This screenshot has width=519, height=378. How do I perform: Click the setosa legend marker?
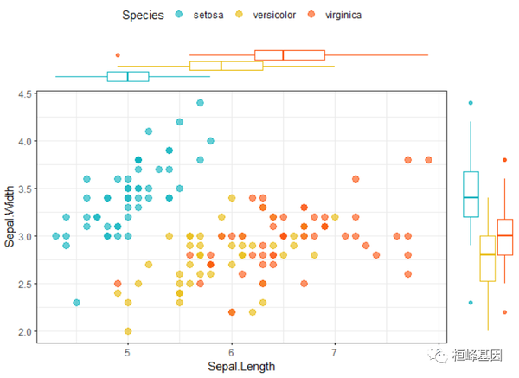point(179,16)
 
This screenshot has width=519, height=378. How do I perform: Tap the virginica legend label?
point(362,16)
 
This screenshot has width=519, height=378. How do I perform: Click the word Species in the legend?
point(144,16)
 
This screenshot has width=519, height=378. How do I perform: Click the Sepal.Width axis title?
point(10,212)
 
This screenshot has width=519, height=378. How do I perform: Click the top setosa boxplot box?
point(128,76)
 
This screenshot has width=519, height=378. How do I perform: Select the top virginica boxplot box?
point(290,55)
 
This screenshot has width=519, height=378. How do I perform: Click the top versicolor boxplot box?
point(227,66)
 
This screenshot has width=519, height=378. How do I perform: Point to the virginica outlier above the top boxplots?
point(118,55)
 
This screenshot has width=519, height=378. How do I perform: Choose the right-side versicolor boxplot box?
point(488,258)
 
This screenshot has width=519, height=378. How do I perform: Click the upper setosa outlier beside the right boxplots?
point(471,103)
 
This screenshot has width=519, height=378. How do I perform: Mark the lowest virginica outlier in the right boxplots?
point(505,312)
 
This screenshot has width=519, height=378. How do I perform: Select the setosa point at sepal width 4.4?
point(200,103)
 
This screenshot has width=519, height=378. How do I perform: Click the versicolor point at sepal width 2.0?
point(128,331)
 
